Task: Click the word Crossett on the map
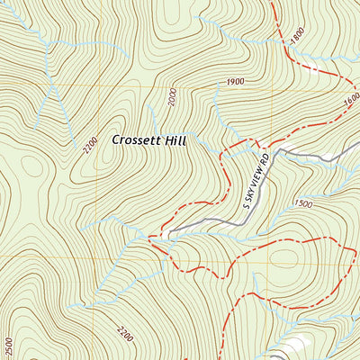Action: click(x=139, y=140)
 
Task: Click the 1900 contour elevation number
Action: click(x=236, y=82)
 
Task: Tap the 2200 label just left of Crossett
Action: click(x=87, y=144)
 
